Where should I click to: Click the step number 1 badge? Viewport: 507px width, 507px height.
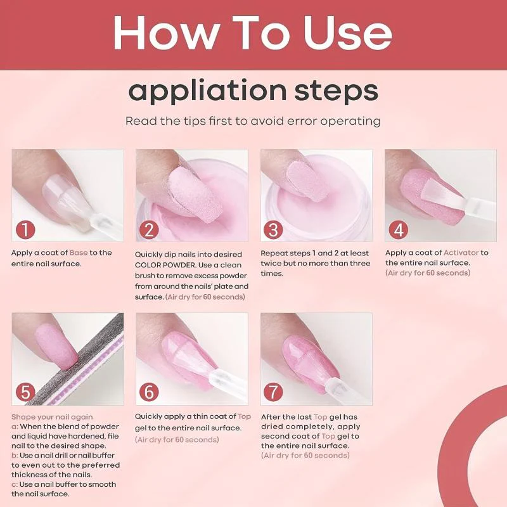click(x=25, y=230)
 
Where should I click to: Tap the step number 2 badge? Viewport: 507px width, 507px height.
click(x=149, y=230)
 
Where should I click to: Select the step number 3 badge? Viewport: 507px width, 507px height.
click(x=273, y=230)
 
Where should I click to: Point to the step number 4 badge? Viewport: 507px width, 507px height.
click(x=398, y=230)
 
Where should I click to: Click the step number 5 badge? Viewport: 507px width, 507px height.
click(x=25, y=392)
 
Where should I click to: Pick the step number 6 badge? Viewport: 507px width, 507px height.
click(x=149, y=392)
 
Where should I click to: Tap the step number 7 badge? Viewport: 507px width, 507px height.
click(x=273, y=392)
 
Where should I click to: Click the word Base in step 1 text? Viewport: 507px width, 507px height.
click(x=79, y=253)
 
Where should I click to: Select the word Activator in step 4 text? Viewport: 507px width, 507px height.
click(x=461, y=253)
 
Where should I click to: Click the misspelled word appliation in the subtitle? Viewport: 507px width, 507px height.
click(x=207, y=92)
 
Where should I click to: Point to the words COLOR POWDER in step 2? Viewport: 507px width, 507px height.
click(x=165, y=265)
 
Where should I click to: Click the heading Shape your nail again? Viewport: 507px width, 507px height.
click(x=52, y=417)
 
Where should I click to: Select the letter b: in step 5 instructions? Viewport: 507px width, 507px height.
click(x=15, y=455)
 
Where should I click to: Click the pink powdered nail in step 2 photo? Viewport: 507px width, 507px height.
click(x=196, y=193)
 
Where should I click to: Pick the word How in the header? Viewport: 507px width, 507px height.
click(x=165, y=33)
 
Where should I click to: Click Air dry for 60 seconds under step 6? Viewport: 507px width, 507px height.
click(x=177, y=440)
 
